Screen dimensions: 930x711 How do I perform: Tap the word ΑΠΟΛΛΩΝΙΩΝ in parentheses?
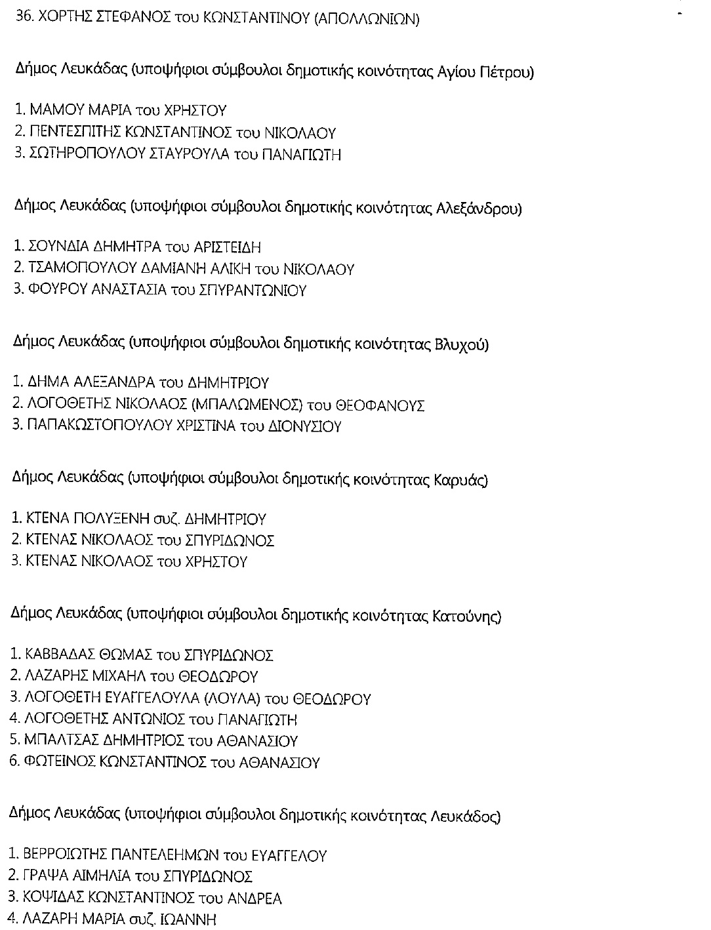click(x=367, y=18)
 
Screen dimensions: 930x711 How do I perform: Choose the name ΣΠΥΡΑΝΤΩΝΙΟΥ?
click(x=251, y=290)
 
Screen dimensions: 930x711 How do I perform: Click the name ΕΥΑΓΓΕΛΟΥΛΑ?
click(x=142, y=698)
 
